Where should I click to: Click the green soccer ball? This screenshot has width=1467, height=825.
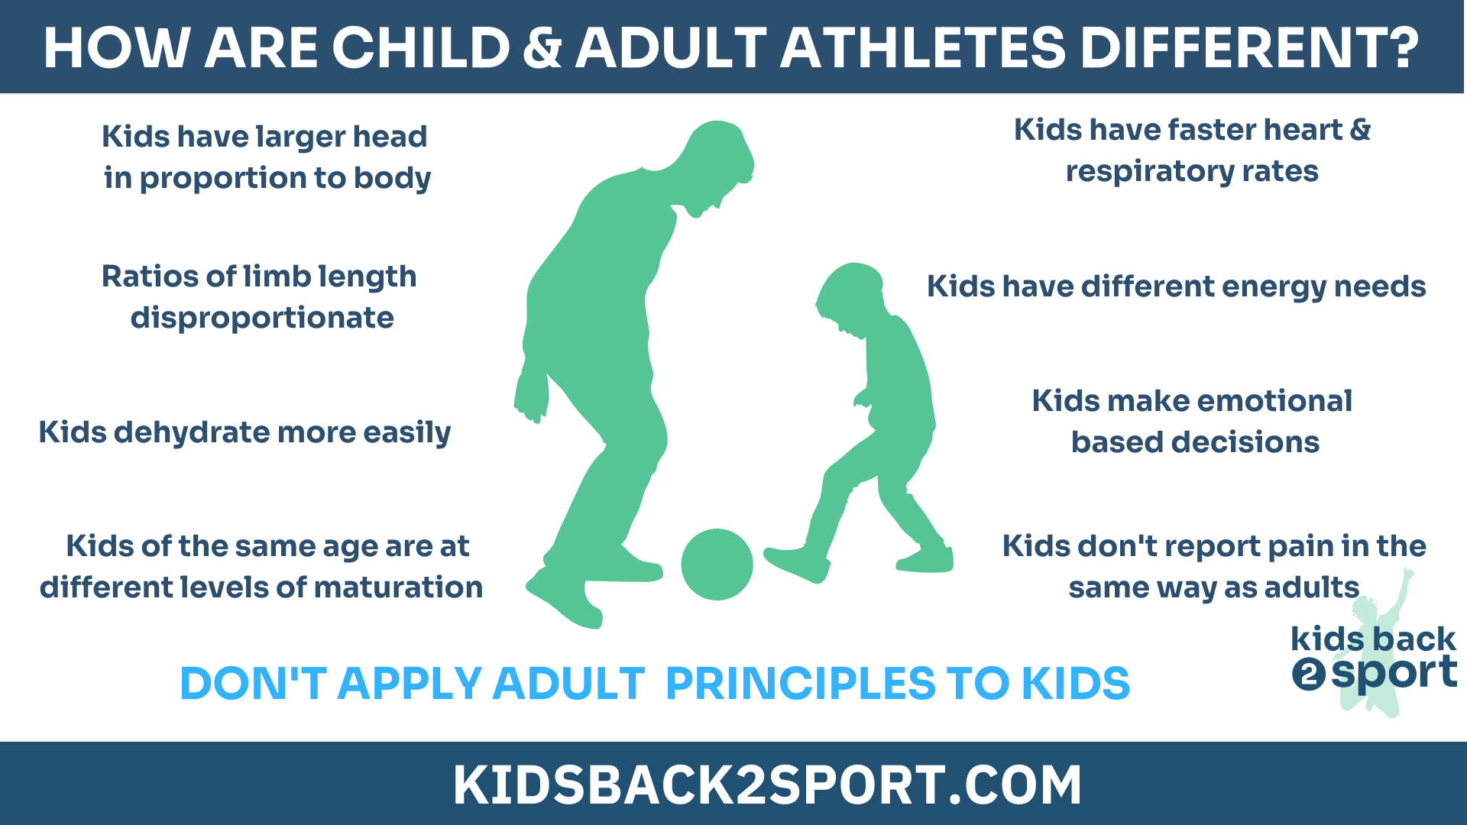pyautogui.click(x=717, y=565)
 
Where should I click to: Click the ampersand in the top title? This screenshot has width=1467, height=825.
pyautogui.click(x=542, y=47)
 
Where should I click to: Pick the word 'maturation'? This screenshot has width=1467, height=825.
pyautogui.click(x=398, y=587)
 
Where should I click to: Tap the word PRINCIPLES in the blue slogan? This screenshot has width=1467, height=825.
pyautogui.click(x=801, y=683)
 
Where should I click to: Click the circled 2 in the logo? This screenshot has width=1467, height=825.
pyautogui.click(x=1308, y=675)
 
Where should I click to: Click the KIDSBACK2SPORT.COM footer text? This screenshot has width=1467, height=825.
pyautogui.click(x=767, y=785)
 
